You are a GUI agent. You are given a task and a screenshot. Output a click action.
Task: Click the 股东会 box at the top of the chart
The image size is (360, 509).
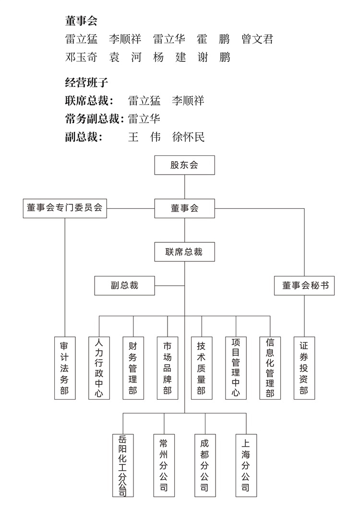[x=184, y=165]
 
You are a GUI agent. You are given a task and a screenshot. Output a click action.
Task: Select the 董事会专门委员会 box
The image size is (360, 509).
[x=65, y=208]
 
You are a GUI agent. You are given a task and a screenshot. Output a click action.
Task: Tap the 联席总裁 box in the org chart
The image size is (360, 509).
[x=184, y=252]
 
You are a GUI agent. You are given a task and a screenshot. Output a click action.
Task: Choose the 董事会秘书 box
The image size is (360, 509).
[x=304, y=285]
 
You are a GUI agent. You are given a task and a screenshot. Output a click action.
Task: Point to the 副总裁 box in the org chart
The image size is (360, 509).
[x=124, y=285]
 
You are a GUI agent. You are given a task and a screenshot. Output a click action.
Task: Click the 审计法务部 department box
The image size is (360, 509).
[x=65, y=368]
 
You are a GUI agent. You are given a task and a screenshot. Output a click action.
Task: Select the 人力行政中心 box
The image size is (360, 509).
[x=99, y=368]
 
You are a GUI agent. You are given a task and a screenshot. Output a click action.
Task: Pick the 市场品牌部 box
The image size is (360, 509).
[x=168, y=368]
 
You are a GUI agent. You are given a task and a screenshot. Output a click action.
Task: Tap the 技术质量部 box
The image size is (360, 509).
[x=202, y=368]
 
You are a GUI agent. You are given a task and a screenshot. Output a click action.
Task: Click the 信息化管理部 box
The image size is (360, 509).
[x=270, y=368]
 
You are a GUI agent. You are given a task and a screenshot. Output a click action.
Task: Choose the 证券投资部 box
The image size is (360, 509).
[x=304, y=368]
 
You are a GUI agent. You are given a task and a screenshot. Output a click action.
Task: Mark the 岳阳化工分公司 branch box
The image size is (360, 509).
[x=123, y=465]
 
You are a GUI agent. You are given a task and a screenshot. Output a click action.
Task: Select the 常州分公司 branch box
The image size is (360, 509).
[x=164, y=465]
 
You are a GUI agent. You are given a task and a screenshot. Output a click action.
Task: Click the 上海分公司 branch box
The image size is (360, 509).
[x=246, y=465]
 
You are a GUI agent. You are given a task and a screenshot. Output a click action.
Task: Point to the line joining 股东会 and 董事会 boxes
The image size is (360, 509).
[x=184, y=187]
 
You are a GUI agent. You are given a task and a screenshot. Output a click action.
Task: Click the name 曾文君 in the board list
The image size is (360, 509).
[x=257, y=39]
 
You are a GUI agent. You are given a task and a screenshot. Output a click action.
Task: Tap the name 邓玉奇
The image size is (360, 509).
[x=81, y=58]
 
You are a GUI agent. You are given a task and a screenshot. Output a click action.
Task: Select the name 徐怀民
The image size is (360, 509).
[x=189, y=137]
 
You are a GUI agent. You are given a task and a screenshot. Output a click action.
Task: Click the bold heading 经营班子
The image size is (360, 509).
[x=86, y=83]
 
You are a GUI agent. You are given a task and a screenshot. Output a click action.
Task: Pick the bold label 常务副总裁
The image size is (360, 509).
[x=92, y=119]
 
